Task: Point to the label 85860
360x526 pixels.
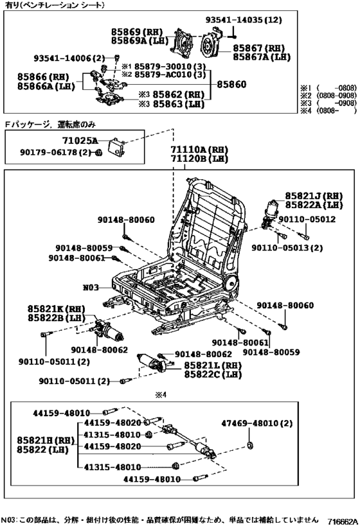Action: tap(231, 83)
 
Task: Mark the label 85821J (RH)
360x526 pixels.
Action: tap(314, 195)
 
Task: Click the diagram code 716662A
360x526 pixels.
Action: tap(341, 520)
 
